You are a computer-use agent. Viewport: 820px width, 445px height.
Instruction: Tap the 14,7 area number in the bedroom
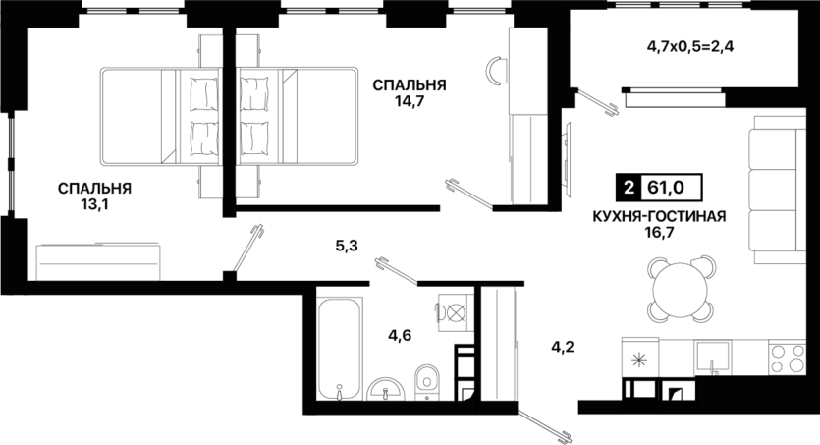[x=409, y=101]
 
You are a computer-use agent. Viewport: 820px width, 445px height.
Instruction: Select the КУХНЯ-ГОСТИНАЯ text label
[x=660, y=216]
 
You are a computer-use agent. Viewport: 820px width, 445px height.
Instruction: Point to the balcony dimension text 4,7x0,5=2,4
[x=690, y=47]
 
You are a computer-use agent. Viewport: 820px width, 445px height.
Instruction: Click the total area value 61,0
[x=666, y=187]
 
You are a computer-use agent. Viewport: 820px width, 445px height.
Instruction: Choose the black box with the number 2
[x=629, y=187]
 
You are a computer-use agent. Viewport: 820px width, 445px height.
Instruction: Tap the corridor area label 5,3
[x=347, y=245]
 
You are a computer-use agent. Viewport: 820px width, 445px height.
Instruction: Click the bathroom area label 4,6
[x=400, y=335]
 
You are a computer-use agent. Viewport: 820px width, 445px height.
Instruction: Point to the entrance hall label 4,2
[x=563, y=346]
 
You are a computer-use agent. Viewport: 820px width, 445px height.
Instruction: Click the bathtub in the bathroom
[x=340, y=349]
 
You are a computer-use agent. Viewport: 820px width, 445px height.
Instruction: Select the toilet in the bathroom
[x=428, y=382]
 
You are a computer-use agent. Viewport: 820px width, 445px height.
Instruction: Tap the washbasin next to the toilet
[x=385, y=389]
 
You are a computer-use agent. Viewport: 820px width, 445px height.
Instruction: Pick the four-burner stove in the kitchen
[x=787, y=358]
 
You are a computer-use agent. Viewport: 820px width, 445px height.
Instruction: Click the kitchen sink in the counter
[x=712, y=358]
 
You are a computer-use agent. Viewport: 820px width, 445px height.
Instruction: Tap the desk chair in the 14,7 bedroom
[x=498, y=71]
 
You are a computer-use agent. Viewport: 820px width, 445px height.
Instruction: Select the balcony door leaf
[x=597, y=102]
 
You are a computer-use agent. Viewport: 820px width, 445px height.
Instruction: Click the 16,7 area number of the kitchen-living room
[x=660, y=232]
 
